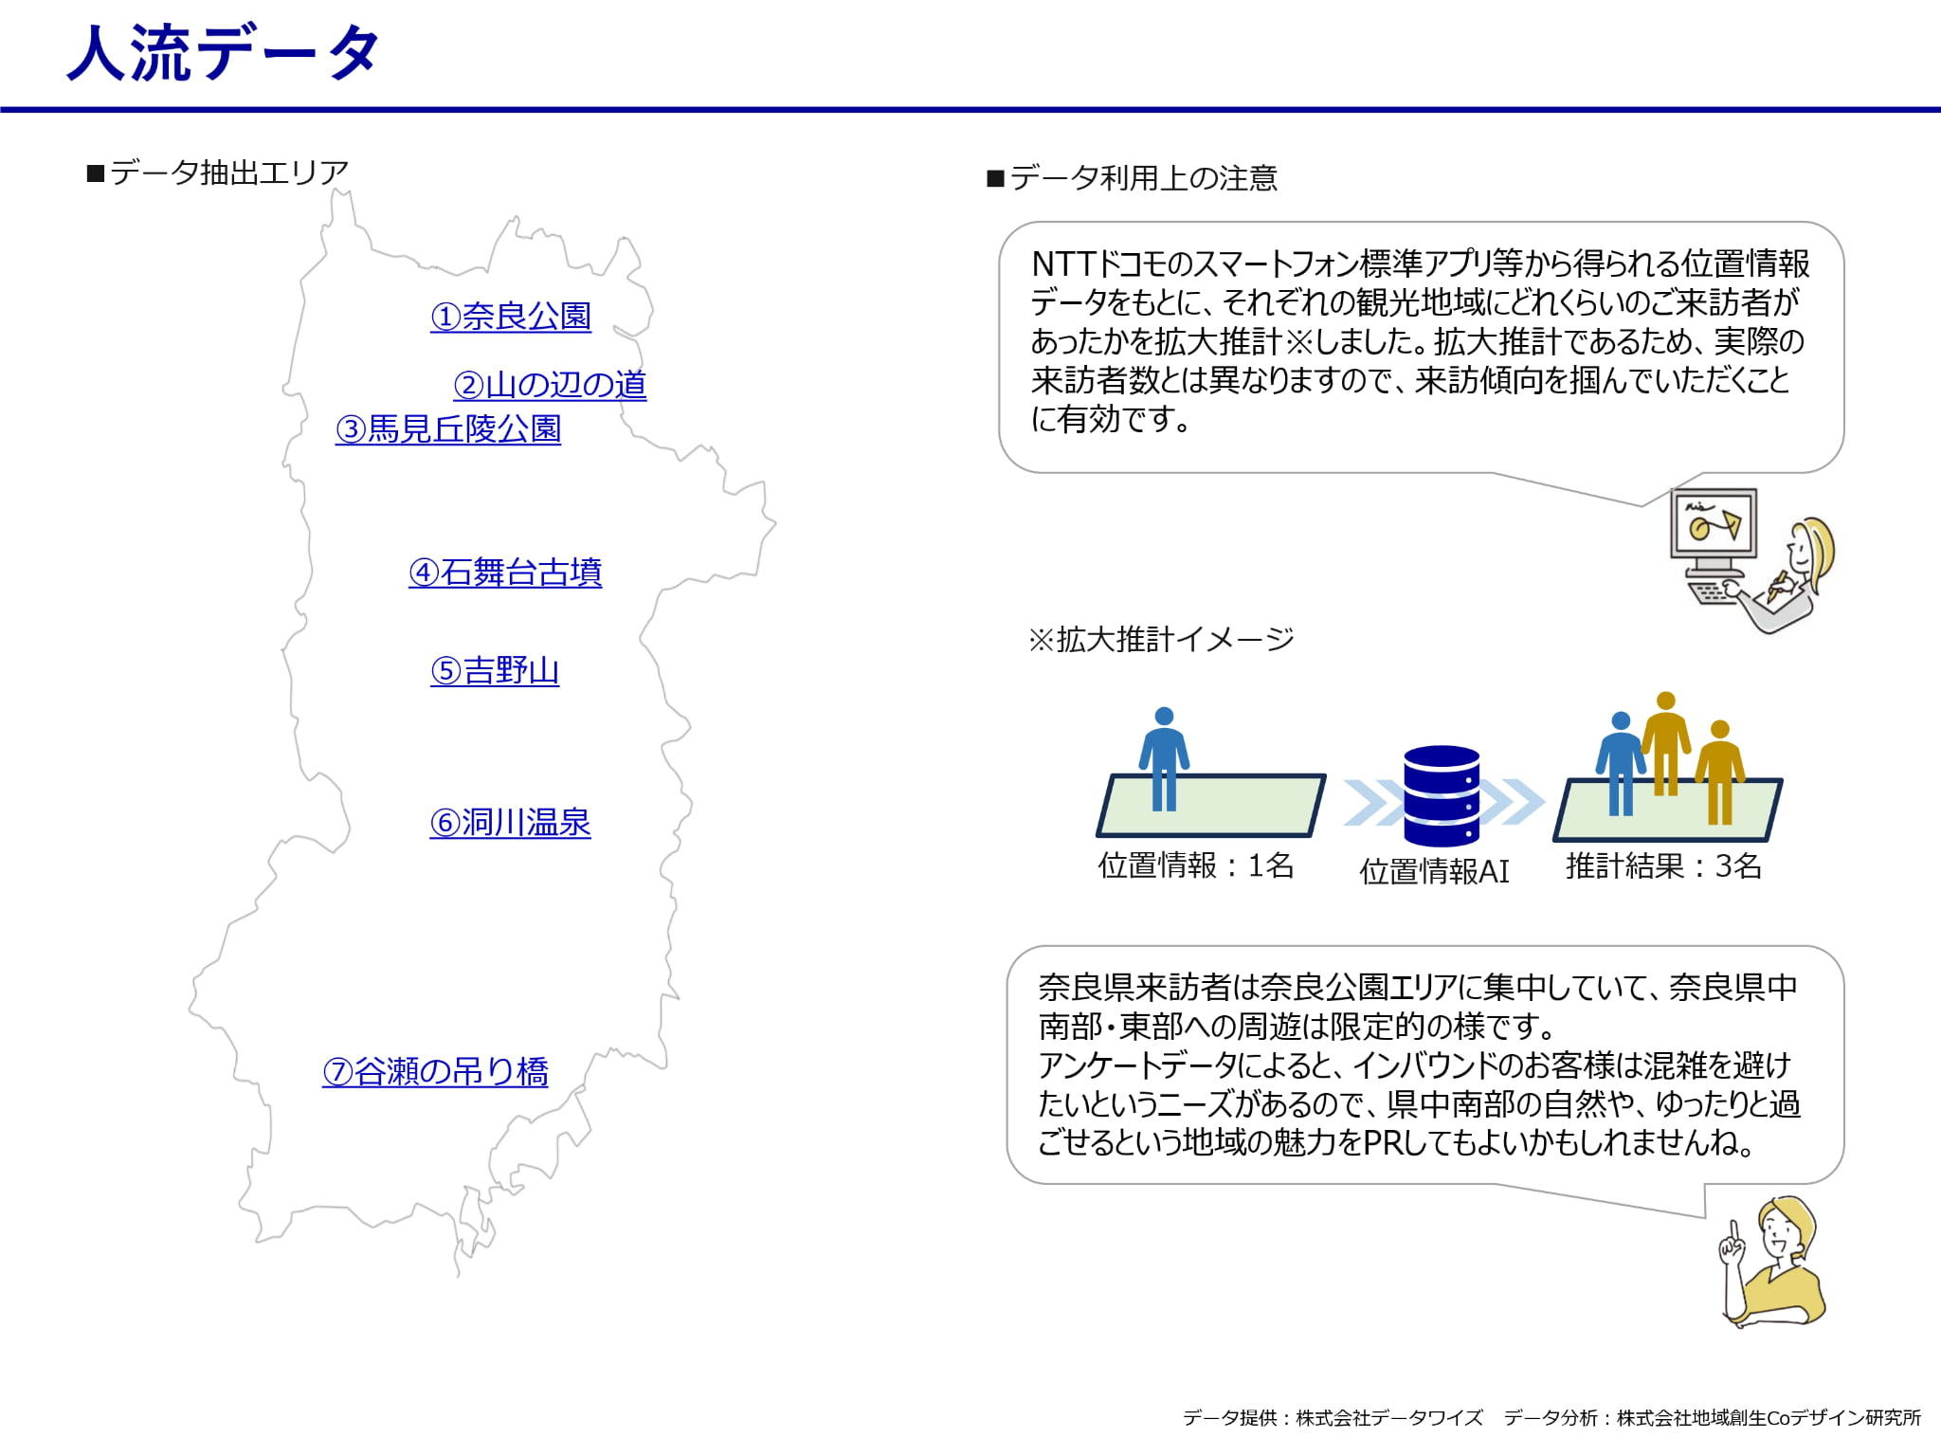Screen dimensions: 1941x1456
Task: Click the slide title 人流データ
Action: [x=224, y=53]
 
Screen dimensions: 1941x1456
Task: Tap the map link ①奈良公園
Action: [x=511, y=316]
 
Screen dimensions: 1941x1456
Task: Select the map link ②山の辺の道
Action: [x=550, y=384]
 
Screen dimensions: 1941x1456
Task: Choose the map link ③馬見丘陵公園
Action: [x=448, y=428]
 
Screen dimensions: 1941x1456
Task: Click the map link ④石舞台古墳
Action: [x=505, y=572]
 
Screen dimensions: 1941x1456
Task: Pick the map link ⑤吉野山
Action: [x=495, y=670]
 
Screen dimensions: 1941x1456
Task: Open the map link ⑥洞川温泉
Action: [x=510, y=822]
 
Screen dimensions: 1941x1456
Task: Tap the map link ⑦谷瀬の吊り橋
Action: [x=435, y=1071]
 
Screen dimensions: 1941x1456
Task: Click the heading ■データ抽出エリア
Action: [x=217, y=173]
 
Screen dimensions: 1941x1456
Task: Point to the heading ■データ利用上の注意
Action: [x=1132, y=178]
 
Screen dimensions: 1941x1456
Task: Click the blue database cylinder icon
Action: [x=1442, y=795]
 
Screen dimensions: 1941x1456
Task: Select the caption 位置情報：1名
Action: [x=1196, y=865]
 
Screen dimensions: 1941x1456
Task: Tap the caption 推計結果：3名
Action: [x=1663, y=865]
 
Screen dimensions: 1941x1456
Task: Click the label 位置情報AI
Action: [x=1434, y=871]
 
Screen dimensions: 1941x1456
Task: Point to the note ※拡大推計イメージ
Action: [x=1161, y=639]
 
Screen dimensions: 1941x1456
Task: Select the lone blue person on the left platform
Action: [x=1164, y=759]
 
